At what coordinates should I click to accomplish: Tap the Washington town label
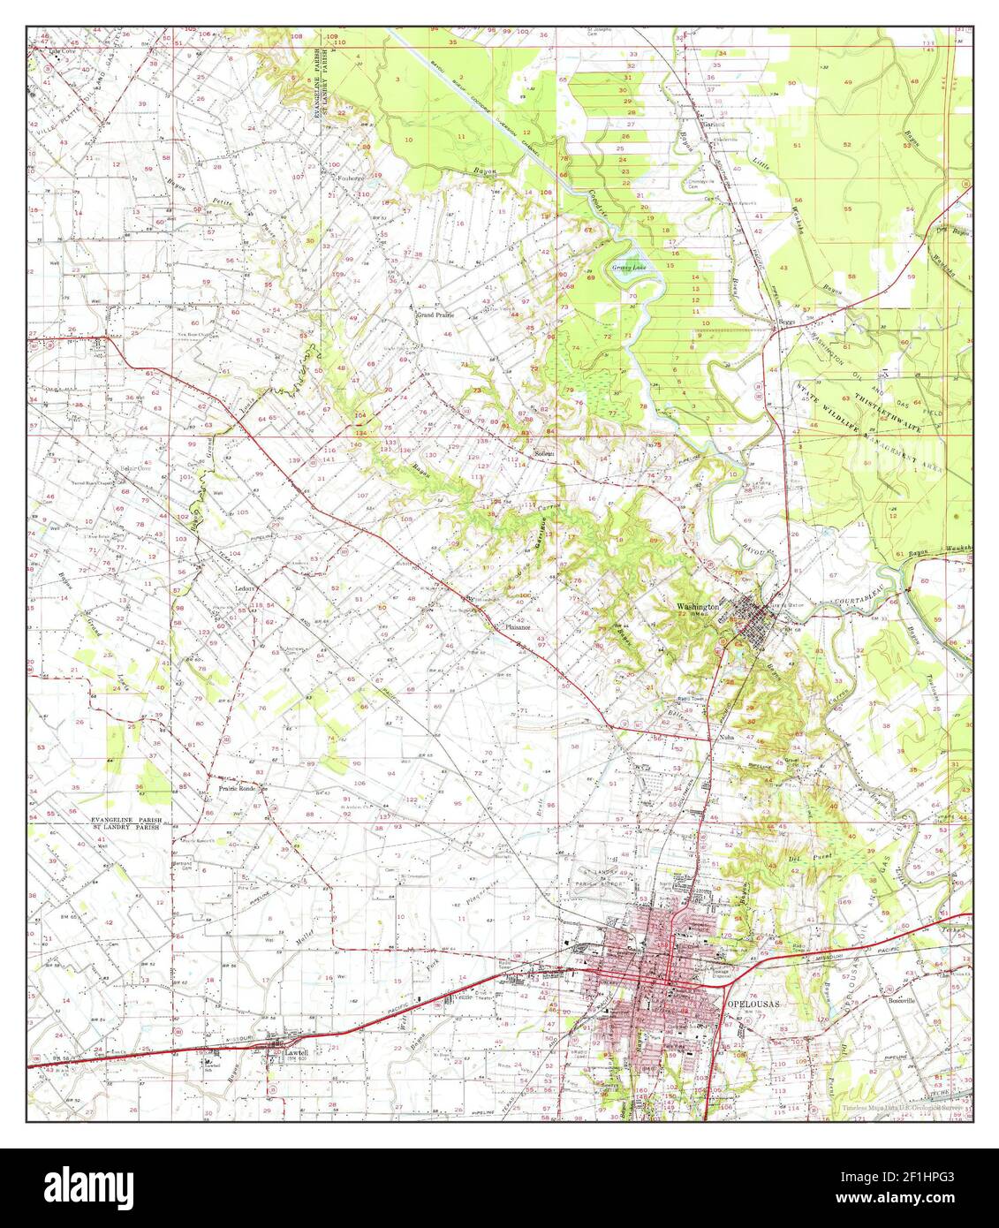pyautogui.click(x=698, y=607)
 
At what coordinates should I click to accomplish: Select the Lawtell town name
pyautogui.click(x=295, y=1053)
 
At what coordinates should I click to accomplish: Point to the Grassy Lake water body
pyautogui.click(x=624, y=268)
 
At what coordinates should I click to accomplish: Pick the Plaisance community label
pyautogui.click(x=517, y=627)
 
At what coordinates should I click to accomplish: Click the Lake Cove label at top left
pyautogui.click(x=63, y=50)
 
